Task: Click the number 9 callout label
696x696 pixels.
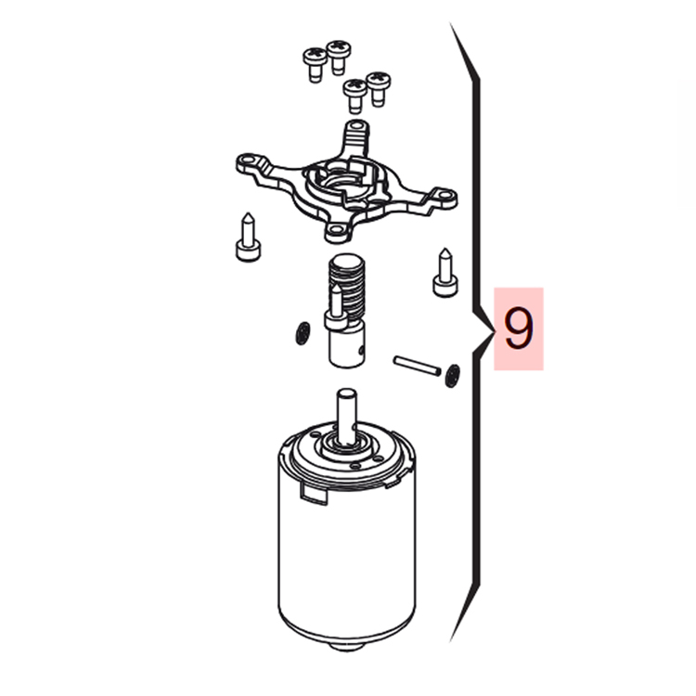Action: [519, 329]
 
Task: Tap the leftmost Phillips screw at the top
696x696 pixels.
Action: [315, 64]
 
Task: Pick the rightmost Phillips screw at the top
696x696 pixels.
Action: [379, 88]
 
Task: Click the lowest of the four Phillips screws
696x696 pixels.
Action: [355, 95]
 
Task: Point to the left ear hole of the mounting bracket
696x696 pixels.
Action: [246, 160]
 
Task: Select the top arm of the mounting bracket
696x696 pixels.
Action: [356, 136]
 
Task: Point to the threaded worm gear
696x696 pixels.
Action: [346, 284]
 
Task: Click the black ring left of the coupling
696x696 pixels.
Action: [303, 333]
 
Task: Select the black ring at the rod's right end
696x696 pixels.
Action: [451, 376]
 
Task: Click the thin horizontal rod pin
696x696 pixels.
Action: [417, 366]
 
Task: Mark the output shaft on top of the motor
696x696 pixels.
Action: [347, 416]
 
